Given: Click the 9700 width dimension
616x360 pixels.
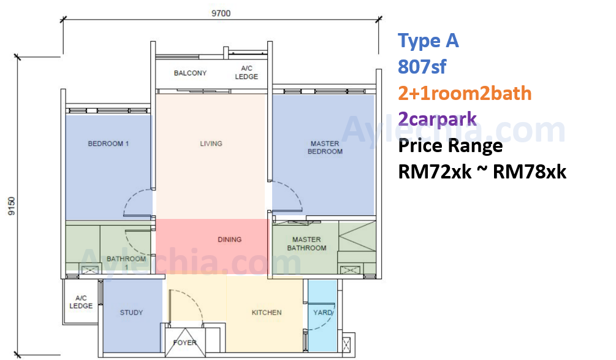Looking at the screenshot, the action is pos(221,13).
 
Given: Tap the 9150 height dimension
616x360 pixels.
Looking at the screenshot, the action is pos(12,206).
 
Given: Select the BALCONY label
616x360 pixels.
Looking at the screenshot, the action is pos(190,73).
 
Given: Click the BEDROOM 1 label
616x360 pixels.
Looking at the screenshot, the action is pos(108,144).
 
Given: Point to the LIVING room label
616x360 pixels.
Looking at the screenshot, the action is pos(211,144).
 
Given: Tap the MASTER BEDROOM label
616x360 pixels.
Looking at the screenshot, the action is pos(325,148).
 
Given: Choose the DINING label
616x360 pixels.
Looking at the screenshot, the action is pos(229,239).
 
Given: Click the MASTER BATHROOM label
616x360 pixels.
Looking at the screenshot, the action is pos(306,243).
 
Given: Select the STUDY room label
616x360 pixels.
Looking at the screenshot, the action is pos(131,312).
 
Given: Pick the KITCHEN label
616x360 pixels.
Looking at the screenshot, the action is pos(267,312).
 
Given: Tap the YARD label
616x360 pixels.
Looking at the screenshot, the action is pos(323,312).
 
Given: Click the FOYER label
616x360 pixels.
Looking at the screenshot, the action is pos(184,343).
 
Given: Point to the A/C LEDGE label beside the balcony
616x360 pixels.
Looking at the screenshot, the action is pos(246,73).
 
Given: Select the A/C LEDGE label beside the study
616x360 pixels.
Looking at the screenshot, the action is pos(81,302).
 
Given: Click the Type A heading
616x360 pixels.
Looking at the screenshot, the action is pos(428,41).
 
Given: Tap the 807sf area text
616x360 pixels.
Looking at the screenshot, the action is pos(422,67).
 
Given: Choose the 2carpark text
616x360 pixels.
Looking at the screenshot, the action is pos(437,119).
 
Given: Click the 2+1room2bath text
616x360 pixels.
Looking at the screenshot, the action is pos(465,94).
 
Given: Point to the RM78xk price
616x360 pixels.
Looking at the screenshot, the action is pos(530,172).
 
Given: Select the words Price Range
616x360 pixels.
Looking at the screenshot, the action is pos(451,146).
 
